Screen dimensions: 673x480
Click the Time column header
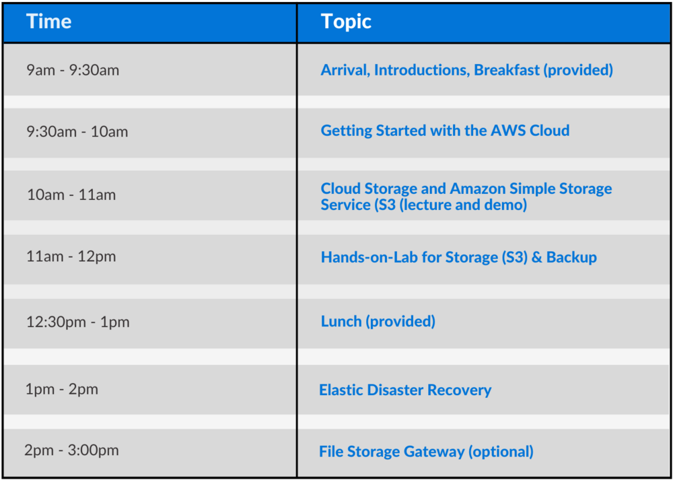[x=48, y=22]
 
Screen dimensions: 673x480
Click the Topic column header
[x=346, y=22]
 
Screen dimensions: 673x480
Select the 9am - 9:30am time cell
[x=73, y=70]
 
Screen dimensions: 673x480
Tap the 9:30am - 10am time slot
[x=77, y=131]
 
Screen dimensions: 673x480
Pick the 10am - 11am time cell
[x=71, y=195]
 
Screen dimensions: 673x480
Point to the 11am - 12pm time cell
[x=71, y=256]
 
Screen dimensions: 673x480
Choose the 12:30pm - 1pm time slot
[x=77, y=322]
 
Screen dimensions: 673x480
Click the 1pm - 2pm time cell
[x=62, y=389]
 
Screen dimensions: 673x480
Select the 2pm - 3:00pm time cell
[x=71, y=450]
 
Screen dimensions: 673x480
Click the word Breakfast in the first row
[x=507, y=70]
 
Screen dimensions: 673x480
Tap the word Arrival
[x=345, y=70]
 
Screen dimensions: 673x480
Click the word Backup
[x=571, y=257]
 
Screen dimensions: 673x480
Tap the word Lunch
[x=341, y=321]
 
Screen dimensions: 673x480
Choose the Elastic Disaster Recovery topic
[x=405, y=390]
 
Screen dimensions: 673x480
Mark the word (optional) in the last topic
[x=501, y=452]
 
